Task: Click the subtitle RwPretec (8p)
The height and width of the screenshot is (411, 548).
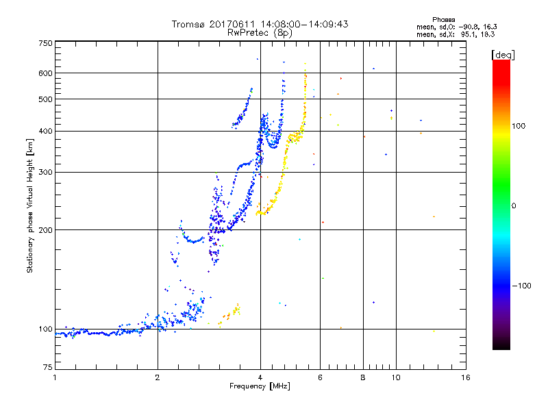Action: click(260, 32)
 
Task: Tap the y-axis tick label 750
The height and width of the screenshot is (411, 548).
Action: click(45, 42)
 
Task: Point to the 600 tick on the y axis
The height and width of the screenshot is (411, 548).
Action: click(45, 73)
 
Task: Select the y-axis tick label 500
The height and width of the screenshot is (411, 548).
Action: click(45, 99)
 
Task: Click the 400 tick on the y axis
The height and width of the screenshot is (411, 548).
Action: click(45, 131)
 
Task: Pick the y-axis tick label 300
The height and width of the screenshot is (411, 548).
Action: click(45, 172)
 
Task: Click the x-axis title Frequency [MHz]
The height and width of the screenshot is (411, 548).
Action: click(260, 387)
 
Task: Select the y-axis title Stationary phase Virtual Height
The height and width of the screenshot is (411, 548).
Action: click(30, 206)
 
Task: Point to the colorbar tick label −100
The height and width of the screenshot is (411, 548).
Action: click(523, 286)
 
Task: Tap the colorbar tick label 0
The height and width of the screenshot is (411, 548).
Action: click(515, 206)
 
